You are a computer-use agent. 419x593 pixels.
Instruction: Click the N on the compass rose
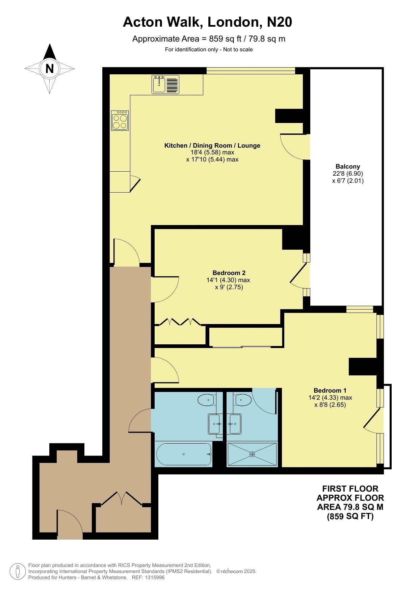[50, 69]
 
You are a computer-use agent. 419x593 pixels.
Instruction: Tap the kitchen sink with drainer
[165, 84]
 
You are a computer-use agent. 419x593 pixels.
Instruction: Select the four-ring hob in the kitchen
[120, 121]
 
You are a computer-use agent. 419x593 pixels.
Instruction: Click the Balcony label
[348, 166]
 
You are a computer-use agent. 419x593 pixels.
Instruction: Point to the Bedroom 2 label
[229, 273]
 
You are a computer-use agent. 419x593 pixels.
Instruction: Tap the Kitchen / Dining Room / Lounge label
[212, 146]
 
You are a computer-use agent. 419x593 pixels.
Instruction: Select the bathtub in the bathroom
[184, 454]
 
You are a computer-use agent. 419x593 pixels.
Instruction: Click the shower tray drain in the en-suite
[252, 454]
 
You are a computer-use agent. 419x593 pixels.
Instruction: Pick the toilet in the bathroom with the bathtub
[206, 400]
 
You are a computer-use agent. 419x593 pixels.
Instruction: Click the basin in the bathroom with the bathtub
[215, 424]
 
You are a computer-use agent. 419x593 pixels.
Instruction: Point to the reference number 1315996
[154, 577]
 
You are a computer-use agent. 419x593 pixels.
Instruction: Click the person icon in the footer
[18, 571]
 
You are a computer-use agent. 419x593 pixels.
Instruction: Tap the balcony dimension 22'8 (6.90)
[348, 173]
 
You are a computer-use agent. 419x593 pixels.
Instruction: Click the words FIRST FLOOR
[350, 488]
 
